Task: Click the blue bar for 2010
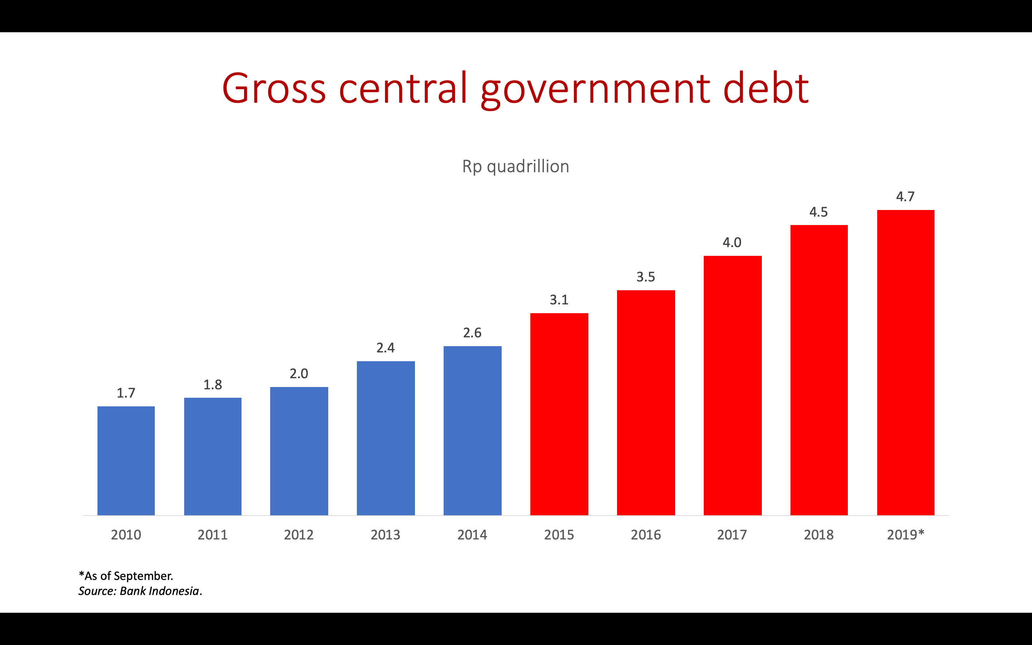coord(126,461)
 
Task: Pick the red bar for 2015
coord(559,414)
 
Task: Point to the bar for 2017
coord(732,386)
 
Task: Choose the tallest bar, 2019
coord(906,363)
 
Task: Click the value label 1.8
coord(212,385)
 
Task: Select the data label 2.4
coord(386,348)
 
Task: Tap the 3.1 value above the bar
coord(559,300)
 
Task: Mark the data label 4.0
coord(732,243)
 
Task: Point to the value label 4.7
coord(905,197)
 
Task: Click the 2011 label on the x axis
coord(212,535)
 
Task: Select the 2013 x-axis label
coord(386,535)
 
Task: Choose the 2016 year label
coord(646,535)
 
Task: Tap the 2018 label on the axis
coord(818,535)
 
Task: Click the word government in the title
coord(595,90)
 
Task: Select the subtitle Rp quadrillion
coord(516,166)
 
